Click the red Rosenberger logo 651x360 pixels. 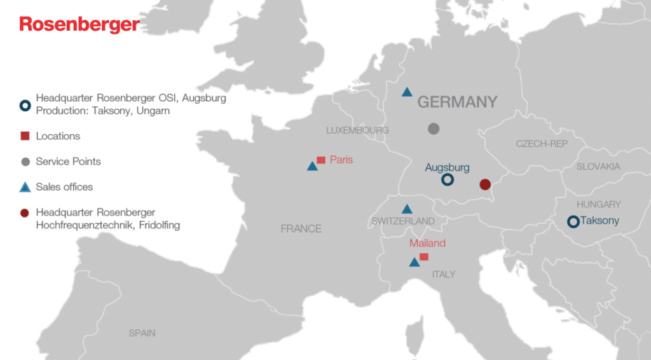click(79, 24)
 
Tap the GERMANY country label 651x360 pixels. click(457, 102)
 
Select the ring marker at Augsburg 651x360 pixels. click(448, 180)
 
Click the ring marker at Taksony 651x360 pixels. click(573, 221)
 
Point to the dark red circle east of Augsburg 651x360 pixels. click(485, 184)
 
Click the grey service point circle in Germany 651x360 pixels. click(434, 128)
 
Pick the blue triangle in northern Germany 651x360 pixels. click(407, 92)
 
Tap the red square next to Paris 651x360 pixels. click(321, 160)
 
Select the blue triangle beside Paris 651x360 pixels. click(312, 167)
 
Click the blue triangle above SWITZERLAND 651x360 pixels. click(407, 209)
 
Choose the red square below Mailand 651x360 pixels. click(424, 257)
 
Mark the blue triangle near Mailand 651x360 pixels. click(415, 262)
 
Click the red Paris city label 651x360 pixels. click(341, 160)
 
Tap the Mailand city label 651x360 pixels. click(427, 243)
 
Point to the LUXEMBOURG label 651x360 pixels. click(357, 130)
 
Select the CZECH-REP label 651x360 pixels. click(542, 144)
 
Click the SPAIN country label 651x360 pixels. click(142, 333)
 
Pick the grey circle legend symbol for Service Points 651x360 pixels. click(25, 162)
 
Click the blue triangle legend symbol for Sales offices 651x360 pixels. click(25, 187)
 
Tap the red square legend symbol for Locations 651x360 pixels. click(25, 136)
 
